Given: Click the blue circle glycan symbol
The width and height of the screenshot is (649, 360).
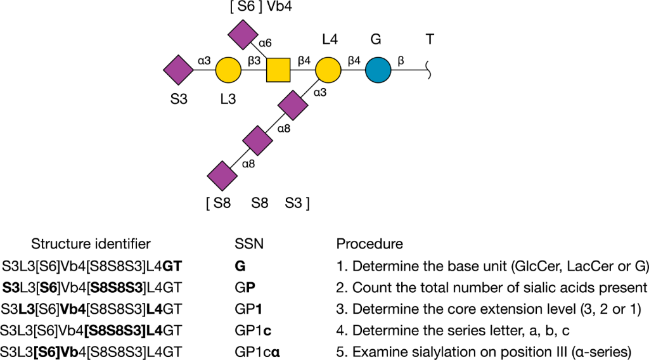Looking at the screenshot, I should point(378,70).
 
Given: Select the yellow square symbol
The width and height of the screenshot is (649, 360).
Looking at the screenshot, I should point(278,70).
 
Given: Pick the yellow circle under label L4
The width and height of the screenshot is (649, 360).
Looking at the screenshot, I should point(328,70).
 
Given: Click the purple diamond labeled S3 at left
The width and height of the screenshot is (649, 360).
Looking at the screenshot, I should point(178,70).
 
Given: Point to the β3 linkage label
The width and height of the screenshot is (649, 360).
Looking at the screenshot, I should point(254,61).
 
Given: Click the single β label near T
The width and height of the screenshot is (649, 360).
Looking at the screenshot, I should point(401,61).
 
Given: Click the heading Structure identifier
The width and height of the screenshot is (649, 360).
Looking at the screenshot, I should point(91,244).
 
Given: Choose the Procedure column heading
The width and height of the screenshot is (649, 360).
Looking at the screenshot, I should point(369,244).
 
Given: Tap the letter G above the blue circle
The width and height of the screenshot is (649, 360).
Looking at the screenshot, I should point(376,39).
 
